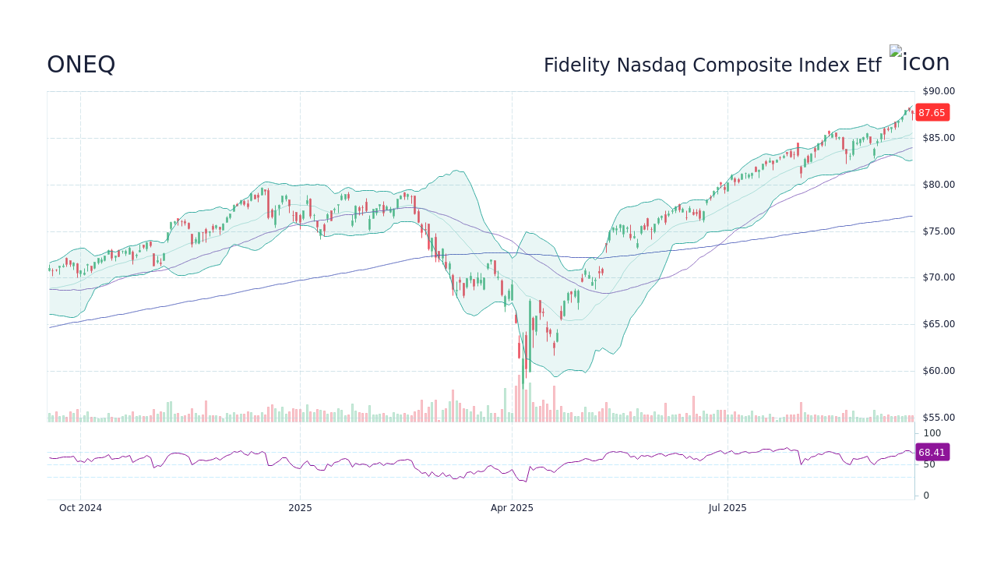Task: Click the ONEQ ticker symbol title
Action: point(81,65)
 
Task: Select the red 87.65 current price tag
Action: point(932,113)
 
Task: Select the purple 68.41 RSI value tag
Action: point(932,453)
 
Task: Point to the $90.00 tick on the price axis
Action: point(939,91)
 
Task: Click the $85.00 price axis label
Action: point(939,138)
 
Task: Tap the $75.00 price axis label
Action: point(939,231)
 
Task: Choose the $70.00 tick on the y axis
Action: point(939,277)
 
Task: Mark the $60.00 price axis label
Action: point(939,371)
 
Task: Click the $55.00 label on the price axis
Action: point(939,418)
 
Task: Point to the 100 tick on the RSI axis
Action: point(932,433)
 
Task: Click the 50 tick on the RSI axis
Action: point(929,464)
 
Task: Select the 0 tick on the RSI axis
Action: point(926,496)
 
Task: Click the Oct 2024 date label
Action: point(80,508)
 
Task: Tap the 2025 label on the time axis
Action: point(300,508)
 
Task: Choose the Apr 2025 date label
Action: point(512,508)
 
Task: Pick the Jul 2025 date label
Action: point(727,508)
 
